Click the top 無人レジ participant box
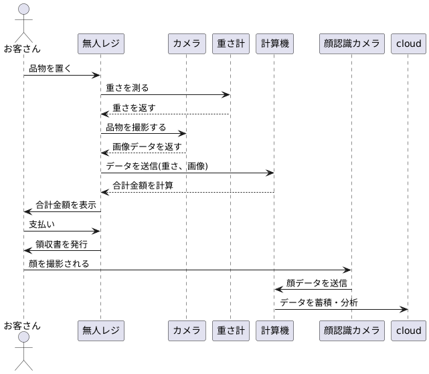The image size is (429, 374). (101, 44)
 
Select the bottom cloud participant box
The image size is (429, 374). (408, 330)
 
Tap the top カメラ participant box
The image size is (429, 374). (187, 44)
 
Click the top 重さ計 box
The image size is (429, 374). (231, 44)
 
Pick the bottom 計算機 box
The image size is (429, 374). (274, 330)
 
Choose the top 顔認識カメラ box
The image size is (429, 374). (351, 44)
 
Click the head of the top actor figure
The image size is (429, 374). (23, 9)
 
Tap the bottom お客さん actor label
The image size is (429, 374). (22, 326)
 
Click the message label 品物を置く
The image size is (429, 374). (50, 68)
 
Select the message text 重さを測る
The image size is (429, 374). (127, 88)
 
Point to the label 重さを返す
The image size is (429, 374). (135, 107)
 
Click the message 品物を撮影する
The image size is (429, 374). (136, 127)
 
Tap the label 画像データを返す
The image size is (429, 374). (147, 147)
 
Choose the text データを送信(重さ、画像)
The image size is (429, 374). (157, 166)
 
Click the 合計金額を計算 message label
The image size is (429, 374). (143, 185)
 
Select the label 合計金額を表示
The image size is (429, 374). (66, 205)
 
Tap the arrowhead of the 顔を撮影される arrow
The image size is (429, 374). (348, 270)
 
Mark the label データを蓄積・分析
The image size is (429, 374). (319, 302)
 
